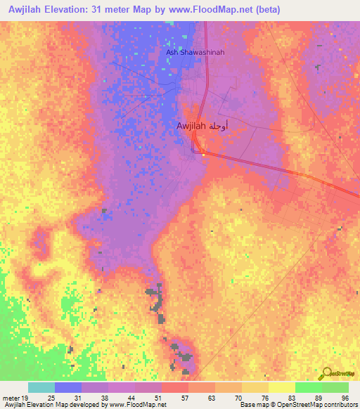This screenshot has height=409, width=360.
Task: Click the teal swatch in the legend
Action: point(41,387)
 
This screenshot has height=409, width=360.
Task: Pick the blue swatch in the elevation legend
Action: point(68,387)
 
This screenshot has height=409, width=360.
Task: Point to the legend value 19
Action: point(25,398)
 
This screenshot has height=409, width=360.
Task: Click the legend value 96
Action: point(345,398)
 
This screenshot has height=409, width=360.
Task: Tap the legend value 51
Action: point(158,398)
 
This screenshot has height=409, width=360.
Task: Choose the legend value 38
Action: point(105,398)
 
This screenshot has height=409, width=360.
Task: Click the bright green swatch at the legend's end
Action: point(335,387)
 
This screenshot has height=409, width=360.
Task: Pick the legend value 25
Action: point(51,398)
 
